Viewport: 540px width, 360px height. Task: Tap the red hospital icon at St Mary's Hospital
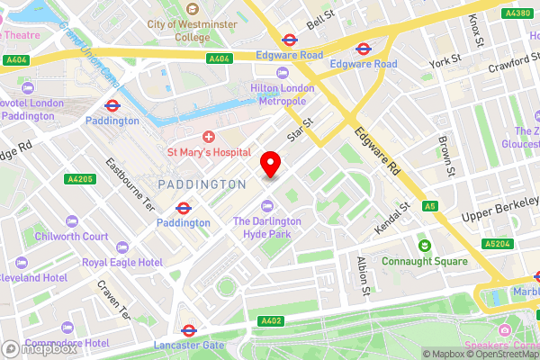pyautogui.click(x=209, y=137)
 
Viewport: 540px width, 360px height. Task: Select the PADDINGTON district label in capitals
pyautogui.click(x=202, y=184)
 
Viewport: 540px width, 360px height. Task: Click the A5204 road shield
pyautogui.click(x=495, y=244)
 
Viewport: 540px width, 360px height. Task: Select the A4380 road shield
pyautogui.click(x=517, y=13)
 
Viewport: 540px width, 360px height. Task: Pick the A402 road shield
pyautogui.click(x=271, y=321)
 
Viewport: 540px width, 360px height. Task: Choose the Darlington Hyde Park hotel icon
pyautogui.click(x=265, y=208)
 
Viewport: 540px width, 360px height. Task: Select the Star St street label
pyautogui.click(x=299, y=131)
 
